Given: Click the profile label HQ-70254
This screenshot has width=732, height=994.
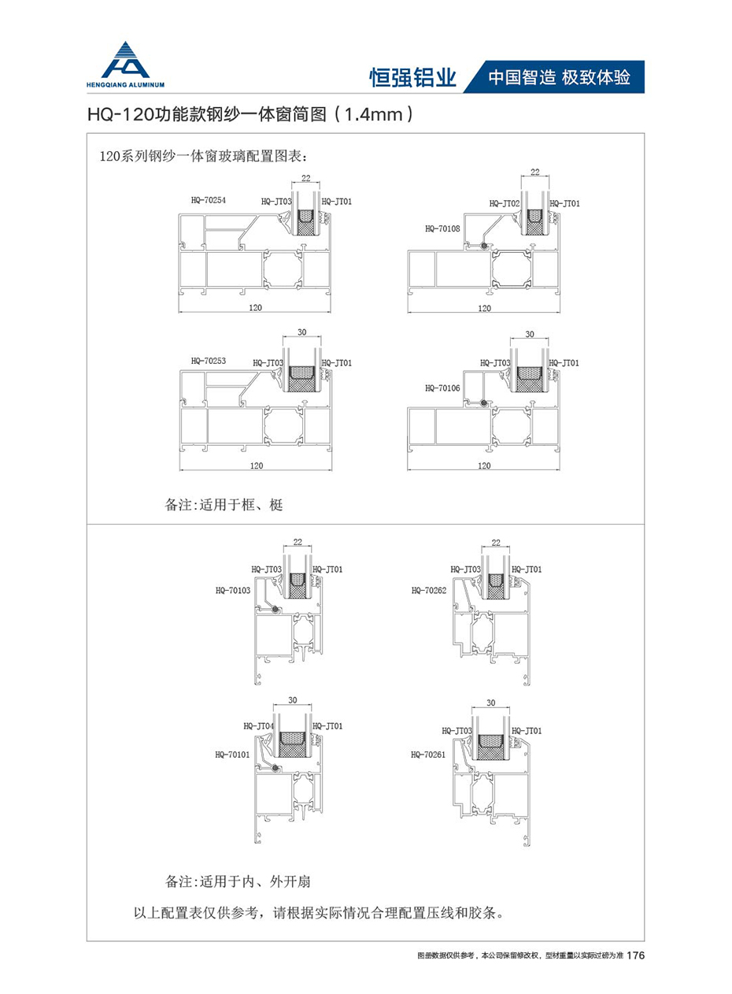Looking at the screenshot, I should [x=208, y=200].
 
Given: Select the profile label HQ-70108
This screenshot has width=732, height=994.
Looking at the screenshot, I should [x=441, y=228].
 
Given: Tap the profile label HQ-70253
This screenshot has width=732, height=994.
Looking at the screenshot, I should [x=208, y=361].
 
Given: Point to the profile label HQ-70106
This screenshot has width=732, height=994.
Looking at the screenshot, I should [x=442, y=388].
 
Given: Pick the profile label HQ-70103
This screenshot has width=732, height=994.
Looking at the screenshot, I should [x=232, y=589].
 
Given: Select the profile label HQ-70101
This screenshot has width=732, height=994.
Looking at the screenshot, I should [x=232, y=754].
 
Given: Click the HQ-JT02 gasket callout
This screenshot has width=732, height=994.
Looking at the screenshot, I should [x=505, y=203].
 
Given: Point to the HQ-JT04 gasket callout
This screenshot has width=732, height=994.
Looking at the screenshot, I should [x=259, y=725].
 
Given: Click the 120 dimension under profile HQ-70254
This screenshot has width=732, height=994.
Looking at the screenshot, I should [x=255, y=306].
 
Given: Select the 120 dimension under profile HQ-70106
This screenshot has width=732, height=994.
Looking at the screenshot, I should [x=484, y=465].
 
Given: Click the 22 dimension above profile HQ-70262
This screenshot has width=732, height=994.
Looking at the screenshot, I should [x=495, y=543].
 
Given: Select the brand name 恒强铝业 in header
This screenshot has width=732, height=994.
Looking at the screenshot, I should [x=412, y=77].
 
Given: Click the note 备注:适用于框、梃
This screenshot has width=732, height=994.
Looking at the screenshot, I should [x=224, y=505].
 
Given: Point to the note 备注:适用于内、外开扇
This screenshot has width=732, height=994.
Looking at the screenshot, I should [x=242, y=880].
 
